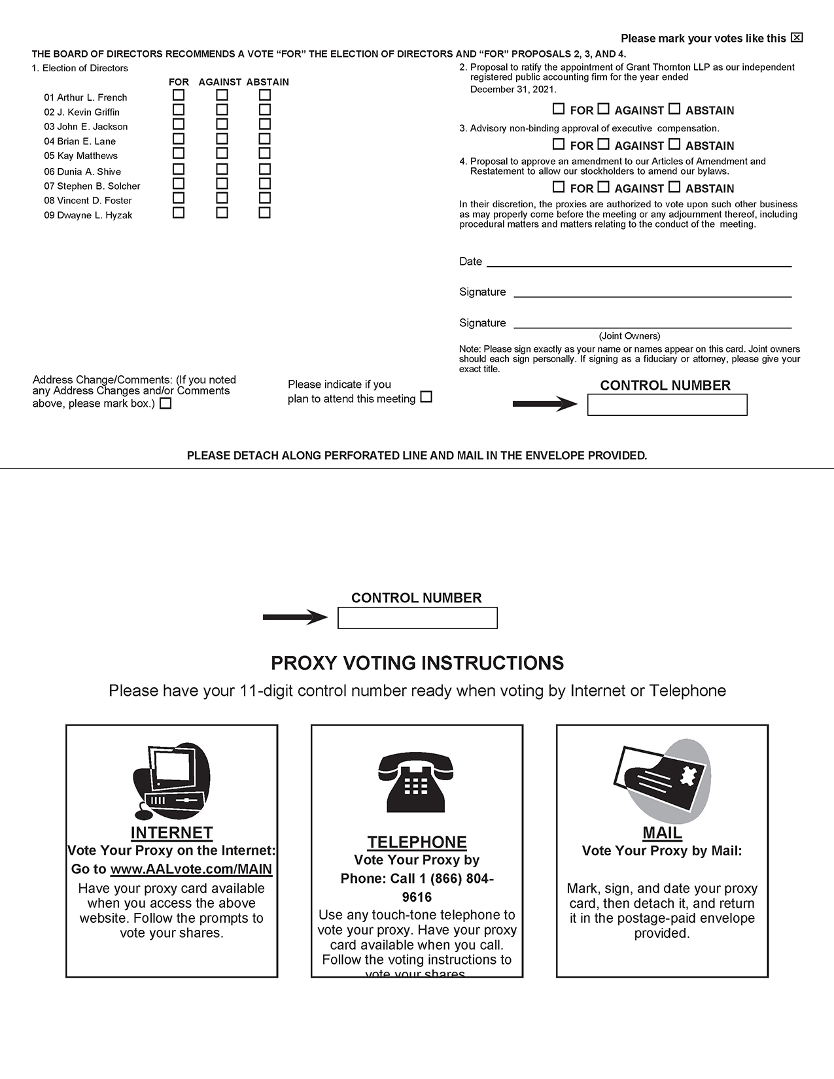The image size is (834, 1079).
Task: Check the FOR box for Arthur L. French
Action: pos(179,95)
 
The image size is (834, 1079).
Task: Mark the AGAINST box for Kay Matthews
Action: pos(222,154)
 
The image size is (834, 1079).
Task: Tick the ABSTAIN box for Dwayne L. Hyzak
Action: pos(264,213)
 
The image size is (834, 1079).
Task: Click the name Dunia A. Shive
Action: pos(82,171)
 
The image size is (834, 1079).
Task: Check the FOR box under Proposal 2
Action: pos(559,109)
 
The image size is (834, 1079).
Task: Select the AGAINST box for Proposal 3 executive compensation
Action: pos(604,145)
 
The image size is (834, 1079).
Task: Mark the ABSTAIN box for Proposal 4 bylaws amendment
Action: pos(674,187)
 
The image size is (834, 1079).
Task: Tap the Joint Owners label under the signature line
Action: pos(629,336)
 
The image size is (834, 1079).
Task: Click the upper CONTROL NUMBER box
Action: pos(667,405)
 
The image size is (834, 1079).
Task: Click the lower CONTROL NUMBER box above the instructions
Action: pos(417,618)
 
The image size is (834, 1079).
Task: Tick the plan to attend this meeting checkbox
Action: pos(426,397)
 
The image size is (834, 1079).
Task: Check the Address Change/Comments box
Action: pos(166,403)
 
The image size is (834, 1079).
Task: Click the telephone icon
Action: pos(416,781)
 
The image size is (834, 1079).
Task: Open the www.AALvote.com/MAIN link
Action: pos(191,869)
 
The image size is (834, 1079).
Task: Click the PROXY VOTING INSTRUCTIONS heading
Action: pos(417,663)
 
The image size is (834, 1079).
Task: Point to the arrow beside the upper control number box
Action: pos(544,404)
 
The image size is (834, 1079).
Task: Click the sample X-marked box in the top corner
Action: pos(797,37)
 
